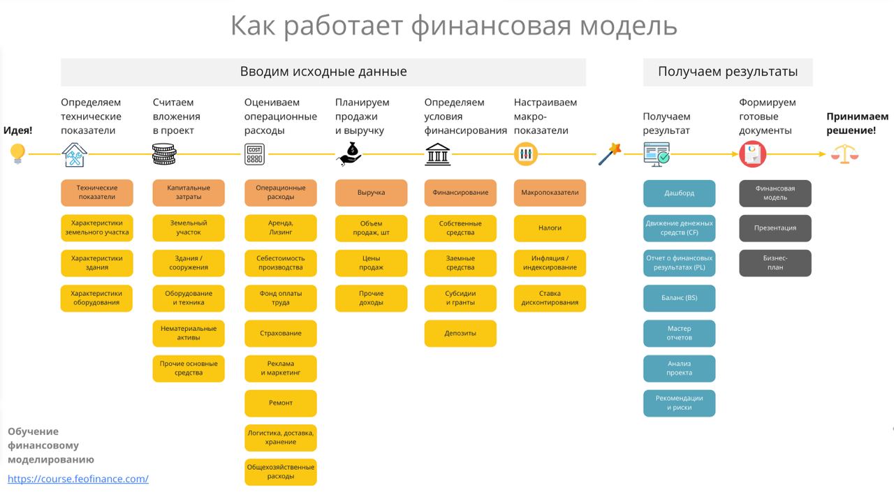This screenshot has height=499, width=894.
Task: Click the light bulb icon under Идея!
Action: coord(17,154)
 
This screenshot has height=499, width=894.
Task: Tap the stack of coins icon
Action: coord(164,154)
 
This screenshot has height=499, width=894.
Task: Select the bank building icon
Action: coord(437,154)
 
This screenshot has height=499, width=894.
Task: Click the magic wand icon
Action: coord(610,154)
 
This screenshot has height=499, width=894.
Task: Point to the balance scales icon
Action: coord(844,154)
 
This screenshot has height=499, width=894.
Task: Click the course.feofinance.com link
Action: coord(78,479)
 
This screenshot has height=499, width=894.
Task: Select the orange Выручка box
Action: coord(371,193)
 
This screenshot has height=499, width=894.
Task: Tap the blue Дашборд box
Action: coord(679,193)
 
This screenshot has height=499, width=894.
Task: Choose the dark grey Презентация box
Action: coord(775,228)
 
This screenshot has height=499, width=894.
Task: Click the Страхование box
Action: coord(280,334)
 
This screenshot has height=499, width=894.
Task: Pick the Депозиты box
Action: coord(460,334)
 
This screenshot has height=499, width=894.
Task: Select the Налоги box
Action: coord(550,228)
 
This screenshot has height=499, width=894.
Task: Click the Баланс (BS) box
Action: coord(679,298)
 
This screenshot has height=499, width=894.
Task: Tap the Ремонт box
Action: coord(280,403)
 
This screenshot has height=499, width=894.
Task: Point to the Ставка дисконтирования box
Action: coord(550,298)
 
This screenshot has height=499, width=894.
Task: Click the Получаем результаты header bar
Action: coord(727,72)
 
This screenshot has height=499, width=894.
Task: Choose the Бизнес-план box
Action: coord(775,263)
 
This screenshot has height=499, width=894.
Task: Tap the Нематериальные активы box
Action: coord(189,334)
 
